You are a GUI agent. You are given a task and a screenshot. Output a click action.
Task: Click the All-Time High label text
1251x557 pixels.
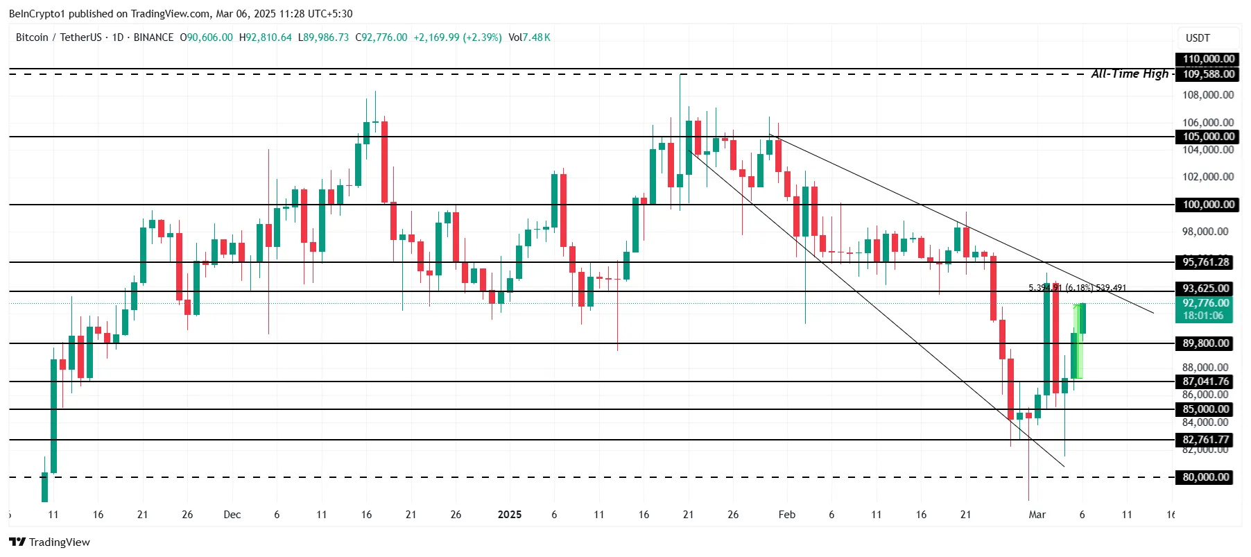1130,74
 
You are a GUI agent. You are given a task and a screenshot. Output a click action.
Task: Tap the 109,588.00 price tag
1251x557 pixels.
1208,74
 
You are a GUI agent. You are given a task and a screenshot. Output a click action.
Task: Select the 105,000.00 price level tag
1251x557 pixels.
1208,137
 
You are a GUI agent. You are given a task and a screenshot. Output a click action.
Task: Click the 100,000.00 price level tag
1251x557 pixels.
1208,205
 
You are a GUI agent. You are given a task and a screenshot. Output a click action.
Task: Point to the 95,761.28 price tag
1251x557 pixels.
1205,262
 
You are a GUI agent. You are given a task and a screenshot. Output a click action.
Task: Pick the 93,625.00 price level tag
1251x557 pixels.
1205,289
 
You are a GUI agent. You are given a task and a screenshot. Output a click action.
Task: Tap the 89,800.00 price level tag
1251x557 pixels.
1205,343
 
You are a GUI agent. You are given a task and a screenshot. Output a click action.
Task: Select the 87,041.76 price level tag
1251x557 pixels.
1205,382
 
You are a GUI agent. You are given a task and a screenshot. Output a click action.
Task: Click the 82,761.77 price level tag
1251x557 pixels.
1205,440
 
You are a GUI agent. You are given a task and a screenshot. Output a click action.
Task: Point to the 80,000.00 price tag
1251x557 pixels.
1205,477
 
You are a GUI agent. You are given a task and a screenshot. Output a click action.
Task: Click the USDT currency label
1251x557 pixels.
1198,38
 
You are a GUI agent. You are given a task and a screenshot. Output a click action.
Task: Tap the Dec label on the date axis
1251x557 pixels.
232,515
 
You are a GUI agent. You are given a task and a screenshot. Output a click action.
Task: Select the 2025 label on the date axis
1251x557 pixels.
510,515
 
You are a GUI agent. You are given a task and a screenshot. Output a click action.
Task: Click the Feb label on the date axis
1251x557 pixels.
786,515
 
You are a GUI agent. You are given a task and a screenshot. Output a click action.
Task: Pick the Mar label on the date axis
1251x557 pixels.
1037,515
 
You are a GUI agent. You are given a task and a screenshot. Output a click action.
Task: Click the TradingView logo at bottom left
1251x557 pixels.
50,542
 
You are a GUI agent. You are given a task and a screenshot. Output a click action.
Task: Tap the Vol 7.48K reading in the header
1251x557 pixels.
529,37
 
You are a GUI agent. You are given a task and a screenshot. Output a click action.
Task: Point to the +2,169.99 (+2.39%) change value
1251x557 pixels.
458,37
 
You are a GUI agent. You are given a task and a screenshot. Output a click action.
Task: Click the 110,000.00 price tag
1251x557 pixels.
1208,59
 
